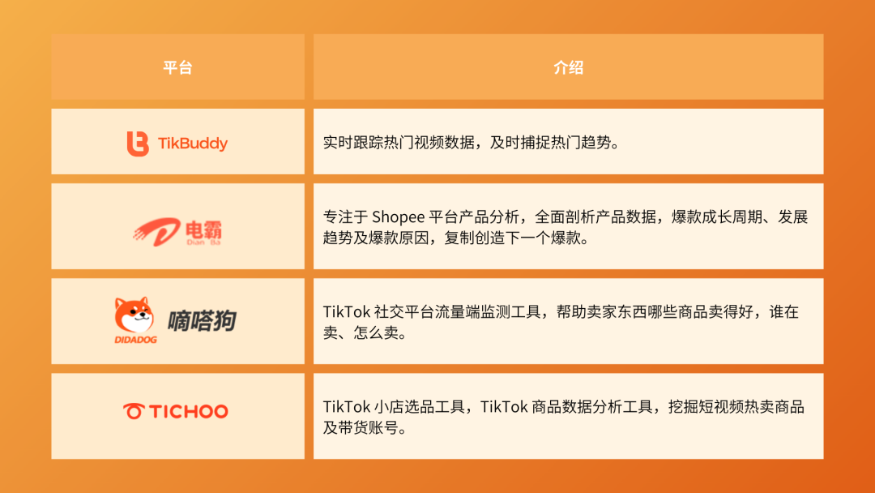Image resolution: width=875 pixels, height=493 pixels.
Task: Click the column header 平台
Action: click(x=177, y=67)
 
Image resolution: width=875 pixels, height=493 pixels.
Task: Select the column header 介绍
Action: click(x=568, y=67)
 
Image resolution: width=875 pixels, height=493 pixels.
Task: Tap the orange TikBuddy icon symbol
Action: click(x=138, y=144)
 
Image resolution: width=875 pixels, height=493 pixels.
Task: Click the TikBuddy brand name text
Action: click(x=193, y=144)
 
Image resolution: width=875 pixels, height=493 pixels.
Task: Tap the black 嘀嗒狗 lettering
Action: click(x=202, y=320)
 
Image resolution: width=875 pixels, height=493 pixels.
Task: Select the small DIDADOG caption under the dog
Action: click(x=135, y=340)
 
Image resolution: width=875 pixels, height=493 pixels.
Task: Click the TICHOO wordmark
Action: click(x=189, y=411)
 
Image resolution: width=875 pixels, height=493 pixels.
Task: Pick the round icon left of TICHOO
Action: click(x=134, y=411)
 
